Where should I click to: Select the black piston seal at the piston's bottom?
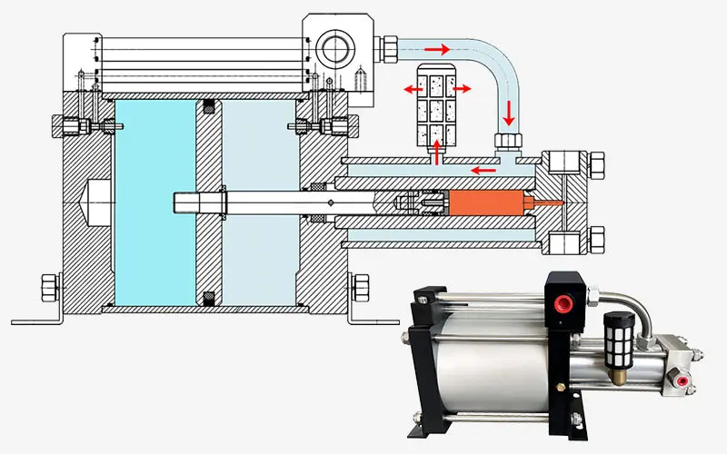209,296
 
